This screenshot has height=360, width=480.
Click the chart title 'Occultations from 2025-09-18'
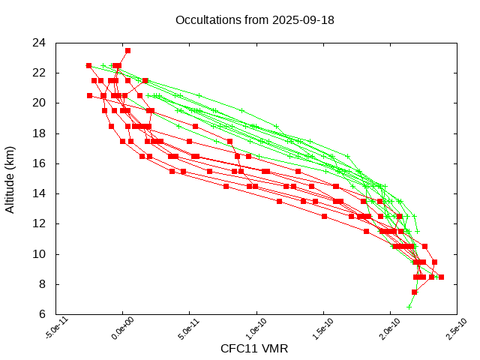pos(254,19)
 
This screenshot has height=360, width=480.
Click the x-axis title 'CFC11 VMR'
pos(254,349)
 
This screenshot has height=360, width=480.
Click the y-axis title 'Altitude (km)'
pos(10,178)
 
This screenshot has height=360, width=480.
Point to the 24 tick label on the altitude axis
pos(39,43)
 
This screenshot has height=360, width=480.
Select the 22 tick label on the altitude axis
pos(39,73)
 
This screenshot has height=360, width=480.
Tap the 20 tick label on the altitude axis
pos(39,103)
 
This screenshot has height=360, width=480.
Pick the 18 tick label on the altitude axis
pos(39,133)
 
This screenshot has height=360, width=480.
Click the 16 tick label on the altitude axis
pos(39,163)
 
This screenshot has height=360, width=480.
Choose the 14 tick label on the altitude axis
pos(39,193)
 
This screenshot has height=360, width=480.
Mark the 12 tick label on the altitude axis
pos(39,223)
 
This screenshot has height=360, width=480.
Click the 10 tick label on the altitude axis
pos(39,254)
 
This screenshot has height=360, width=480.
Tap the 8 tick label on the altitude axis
pos(42,284)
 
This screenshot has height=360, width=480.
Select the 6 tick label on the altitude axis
pos(42,314)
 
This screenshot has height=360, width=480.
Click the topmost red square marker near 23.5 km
pos(127,50)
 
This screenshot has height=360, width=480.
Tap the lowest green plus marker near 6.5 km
pos(409,307)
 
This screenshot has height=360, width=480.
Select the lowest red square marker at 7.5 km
pos(414,292)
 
